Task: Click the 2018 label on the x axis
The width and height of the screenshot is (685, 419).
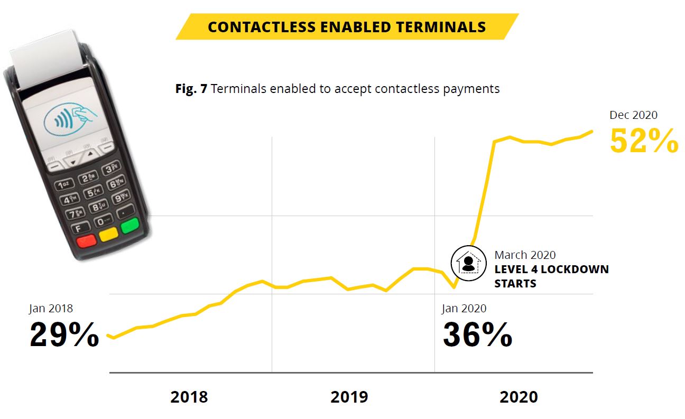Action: pyautogui.click(x=189, y=397)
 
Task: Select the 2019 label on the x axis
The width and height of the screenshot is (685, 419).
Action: pyautogui.click(x=349, y=397)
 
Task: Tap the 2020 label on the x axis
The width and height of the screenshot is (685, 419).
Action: pyautogui.click(x=519, y=397)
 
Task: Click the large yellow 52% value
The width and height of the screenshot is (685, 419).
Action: pyautogui.click(x=644, y=141)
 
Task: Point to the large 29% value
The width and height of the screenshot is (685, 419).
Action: pyautogui.click(x=64, y=334)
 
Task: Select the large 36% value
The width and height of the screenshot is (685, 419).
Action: pyautogui.click(x=477, y=334)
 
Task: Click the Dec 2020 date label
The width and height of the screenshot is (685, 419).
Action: pyautogui.click(x=633, y=115)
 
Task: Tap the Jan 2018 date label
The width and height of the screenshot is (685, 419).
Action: pyautogui.click(x=51, y=309)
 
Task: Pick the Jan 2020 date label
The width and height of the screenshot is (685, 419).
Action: pyautogui.click(x=464, y=309)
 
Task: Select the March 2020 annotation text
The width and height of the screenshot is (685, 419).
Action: pyautogui.click(x=525, y=256)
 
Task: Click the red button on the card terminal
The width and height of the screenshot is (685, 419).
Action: pyautogui.click(x=86, y=241)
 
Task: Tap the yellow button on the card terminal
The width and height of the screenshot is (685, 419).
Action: pyautogui.click(x=108, y=235)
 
